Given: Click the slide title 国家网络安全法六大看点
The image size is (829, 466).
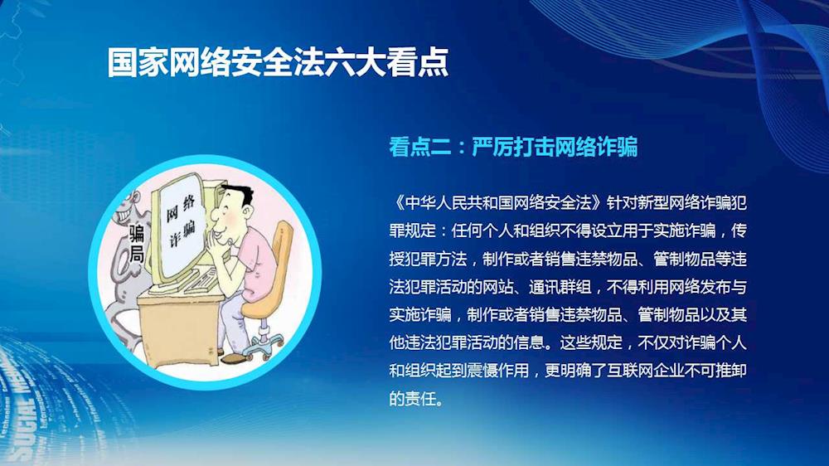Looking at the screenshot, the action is [278, 62].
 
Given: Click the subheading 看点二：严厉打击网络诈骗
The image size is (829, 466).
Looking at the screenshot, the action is [513, 147].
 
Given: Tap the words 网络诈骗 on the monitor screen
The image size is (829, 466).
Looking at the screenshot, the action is [181, 221].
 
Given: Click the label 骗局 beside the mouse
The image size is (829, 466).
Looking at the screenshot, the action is [137, 243].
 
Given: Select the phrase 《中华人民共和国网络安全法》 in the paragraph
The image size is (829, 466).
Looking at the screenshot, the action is [497, 202].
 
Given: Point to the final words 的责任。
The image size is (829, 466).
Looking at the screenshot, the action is [416, 398].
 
